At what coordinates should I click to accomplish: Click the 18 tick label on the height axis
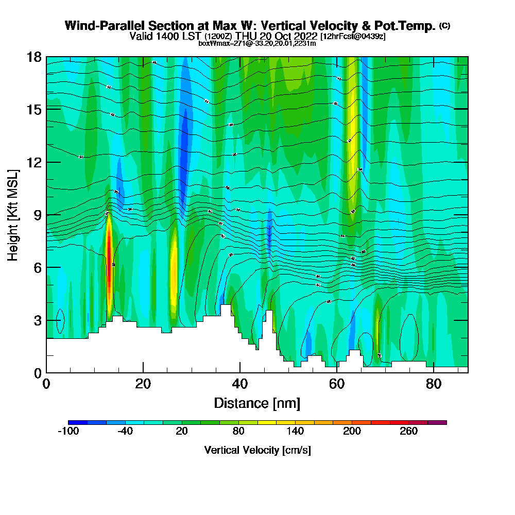pos(35,57)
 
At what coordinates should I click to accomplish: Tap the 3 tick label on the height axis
pos(38,320)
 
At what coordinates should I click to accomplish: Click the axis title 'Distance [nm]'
pos(257,403)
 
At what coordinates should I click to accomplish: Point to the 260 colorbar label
pos(408,432)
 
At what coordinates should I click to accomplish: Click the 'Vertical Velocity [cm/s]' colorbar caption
pos(257,450)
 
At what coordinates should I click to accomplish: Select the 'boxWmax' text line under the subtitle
pos(257,43)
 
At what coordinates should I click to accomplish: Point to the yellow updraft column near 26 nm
pos(174,273)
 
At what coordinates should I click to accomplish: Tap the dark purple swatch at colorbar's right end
pos(437,422)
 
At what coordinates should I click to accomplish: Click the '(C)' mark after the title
pos(444,26)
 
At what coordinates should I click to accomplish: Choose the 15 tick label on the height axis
pos(35,109)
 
